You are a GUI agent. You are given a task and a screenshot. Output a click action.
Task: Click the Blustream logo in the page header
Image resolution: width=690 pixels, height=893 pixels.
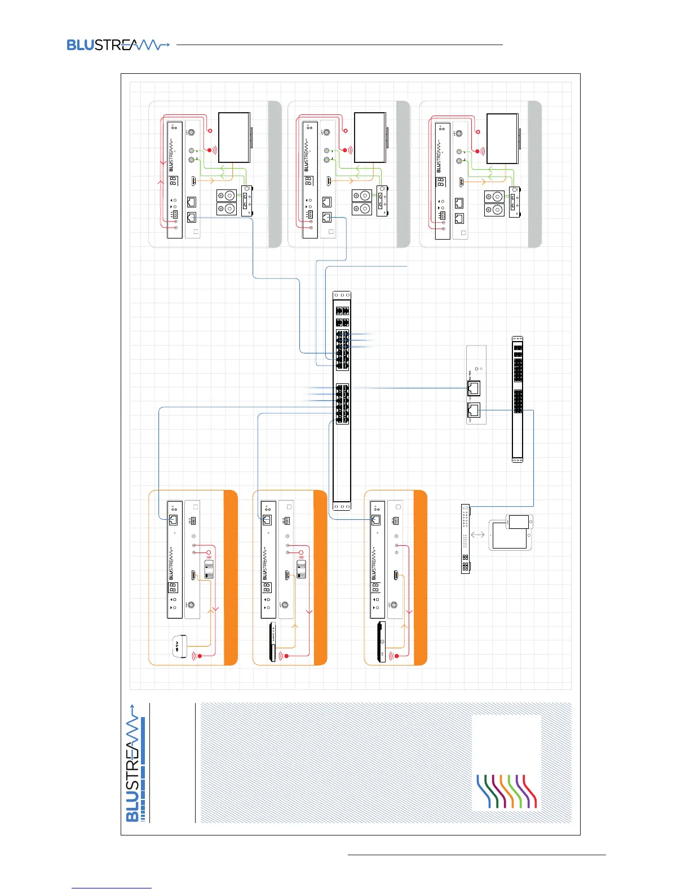(x=117, y=45)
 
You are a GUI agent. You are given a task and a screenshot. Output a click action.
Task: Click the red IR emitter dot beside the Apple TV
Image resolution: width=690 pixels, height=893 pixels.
(x=200, y=656)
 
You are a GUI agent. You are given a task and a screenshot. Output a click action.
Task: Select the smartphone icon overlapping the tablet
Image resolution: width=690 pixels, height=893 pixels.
(x=519, y=522)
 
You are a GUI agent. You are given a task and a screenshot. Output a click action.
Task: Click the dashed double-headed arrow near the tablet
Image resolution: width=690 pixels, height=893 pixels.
(x=477, y=534)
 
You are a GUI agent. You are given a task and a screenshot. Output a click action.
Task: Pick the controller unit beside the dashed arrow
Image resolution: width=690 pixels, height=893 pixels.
(x=465, y=539)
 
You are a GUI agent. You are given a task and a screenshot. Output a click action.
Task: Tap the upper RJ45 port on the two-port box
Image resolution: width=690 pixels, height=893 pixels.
(x=474, y=387)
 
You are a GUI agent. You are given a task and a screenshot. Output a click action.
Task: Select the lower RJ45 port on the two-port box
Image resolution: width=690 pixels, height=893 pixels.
(x=474, y=411)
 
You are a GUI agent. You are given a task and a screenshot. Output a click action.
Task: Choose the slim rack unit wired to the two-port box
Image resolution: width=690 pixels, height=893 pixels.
(x=517, y=399)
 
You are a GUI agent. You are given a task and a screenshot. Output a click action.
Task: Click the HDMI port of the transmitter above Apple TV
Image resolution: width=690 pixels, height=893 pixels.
(x=193, y=576)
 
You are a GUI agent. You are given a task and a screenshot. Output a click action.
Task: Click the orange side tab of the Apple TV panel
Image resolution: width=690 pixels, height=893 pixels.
(x=231, y=578)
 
